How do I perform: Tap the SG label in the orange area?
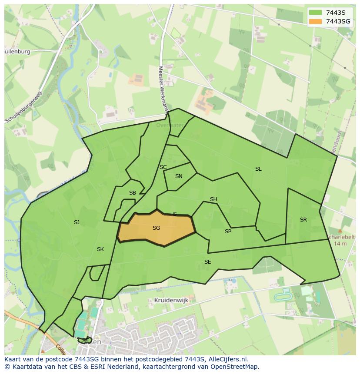[156, 228]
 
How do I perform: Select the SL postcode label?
[258, 169]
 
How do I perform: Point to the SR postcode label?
[303, 220]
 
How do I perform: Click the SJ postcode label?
[77, 222]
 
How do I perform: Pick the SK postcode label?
[100, 249]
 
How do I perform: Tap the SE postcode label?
[207, 262]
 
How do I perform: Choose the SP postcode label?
[228, 232]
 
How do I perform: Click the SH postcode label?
[213, 199]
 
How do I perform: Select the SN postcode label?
[179, 176]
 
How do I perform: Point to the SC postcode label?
[163, 167]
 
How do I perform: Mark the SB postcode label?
[133, 193]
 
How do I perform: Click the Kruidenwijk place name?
[170, 300]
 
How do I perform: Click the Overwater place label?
[170, 126]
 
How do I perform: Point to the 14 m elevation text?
[340, 244]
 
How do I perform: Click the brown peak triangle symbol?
[340, 231]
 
